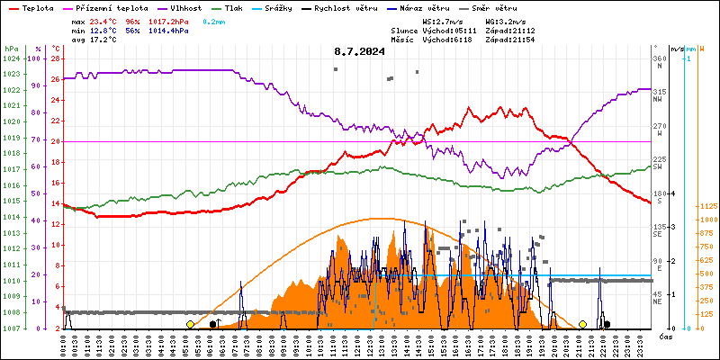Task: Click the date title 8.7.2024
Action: click(359, 51)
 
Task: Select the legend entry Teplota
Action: click(37, 7)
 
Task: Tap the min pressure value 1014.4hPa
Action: click(169, 31)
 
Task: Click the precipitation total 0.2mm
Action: click(213, 21)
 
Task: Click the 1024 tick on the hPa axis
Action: click(12, 59)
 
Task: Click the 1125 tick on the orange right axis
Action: click(707, 206)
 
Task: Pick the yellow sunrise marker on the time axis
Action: click(190, 324)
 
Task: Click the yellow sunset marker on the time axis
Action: click(583, 324)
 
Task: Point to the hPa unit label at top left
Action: click(12, 49)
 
